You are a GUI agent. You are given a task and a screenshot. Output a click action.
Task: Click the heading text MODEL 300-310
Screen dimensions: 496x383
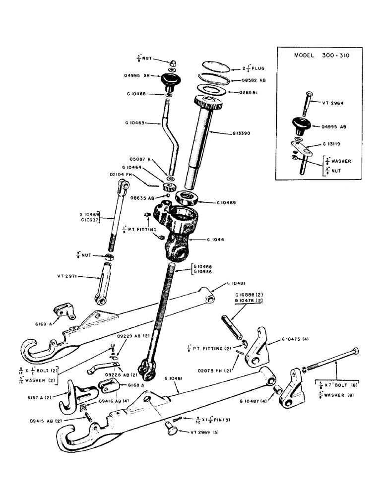coord(319,56)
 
